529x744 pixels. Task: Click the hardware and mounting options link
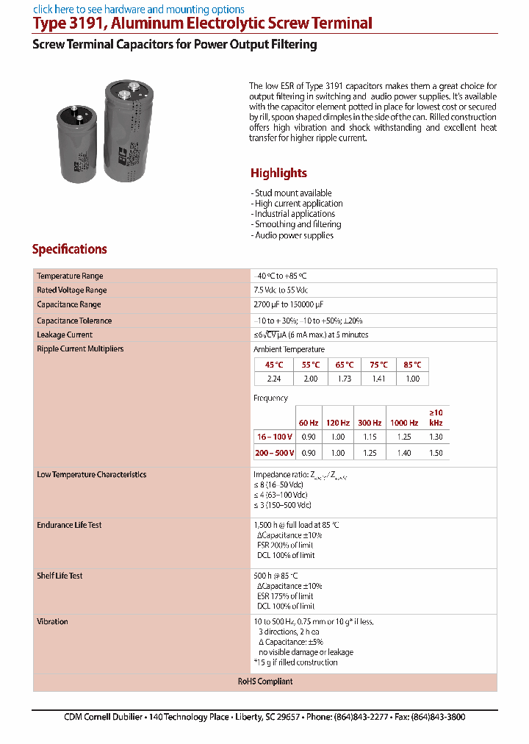coord(139,10)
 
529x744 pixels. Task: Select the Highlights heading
coord(278,174)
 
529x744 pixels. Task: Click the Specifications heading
coord(70,249)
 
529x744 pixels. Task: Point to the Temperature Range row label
coord(70,276)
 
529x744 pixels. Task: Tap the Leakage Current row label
coord(65,335)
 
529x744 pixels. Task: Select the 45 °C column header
coord(273,365)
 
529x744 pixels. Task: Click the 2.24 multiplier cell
coord(273,379)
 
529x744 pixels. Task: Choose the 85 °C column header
coord(412,365)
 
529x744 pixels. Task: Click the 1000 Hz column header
coord(404,423)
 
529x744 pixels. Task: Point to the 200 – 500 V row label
coord(275,453)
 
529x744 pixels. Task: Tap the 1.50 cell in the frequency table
coord(436,453)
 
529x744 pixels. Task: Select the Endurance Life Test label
coord(69,525)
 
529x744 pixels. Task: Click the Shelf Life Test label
coord(60,576)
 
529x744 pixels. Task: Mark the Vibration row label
coord(52,621)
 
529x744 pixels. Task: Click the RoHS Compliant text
coord(265,682)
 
